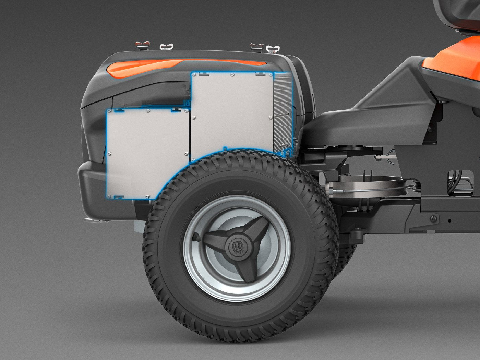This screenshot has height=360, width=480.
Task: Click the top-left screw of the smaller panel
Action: tap(109, 111)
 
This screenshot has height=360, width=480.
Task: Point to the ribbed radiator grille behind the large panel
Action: tap(283, 110)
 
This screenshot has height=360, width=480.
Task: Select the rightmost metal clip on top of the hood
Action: tap(272, 49)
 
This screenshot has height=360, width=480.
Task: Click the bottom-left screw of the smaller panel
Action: tap(109, 197)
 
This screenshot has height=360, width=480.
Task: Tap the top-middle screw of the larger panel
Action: tap(232, 74)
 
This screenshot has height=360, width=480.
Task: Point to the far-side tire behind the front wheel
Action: tap(346, 254)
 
